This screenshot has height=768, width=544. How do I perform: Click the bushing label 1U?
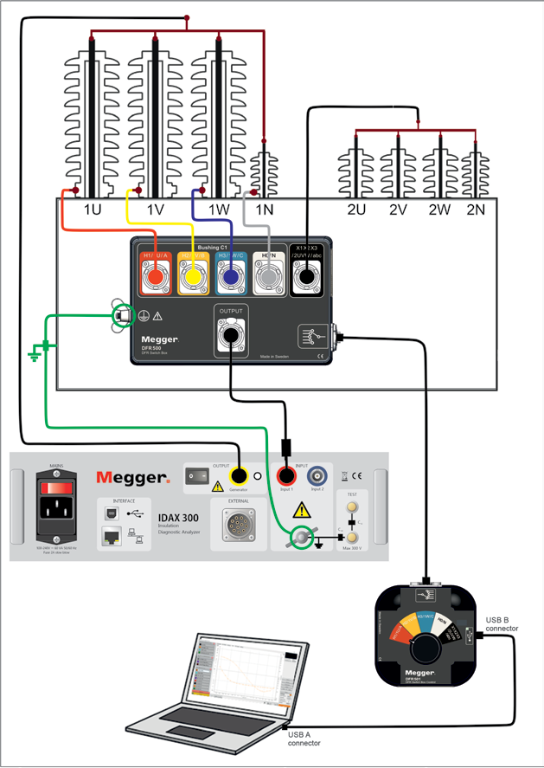[93, 210]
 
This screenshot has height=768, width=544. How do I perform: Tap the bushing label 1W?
[217, 210]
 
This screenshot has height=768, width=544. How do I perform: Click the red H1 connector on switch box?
[156, 276]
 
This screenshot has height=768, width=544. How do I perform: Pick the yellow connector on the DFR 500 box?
[192, 276]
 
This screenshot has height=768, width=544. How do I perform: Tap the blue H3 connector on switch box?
[230, 276]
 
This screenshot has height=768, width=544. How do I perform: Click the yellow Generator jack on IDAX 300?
[238, 475]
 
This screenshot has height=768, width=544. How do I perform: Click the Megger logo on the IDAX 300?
[132, 477]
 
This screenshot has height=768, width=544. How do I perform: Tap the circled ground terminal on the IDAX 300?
[301, 539]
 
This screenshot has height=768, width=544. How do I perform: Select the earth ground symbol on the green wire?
[35, 353]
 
